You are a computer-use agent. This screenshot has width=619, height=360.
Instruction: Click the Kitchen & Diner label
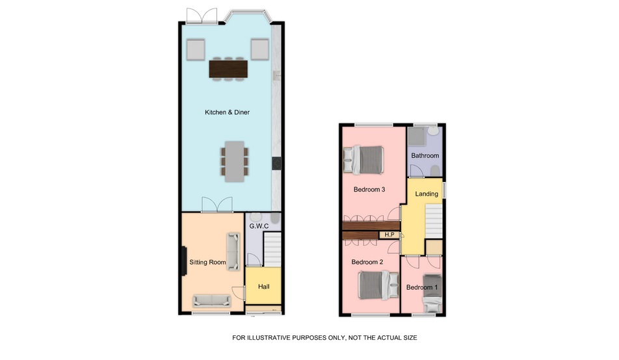tap(227, 112)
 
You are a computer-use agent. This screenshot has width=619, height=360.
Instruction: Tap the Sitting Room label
tap(207, 262)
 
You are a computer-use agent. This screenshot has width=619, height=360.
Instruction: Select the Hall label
tap(264, 287)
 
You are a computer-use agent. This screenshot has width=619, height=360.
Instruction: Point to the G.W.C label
tap(259, 226)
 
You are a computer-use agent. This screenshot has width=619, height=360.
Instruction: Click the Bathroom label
tap(425, 155)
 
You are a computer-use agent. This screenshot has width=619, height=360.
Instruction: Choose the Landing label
tap(427, 194)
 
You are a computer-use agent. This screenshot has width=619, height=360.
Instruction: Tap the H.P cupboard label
tap(389, 235)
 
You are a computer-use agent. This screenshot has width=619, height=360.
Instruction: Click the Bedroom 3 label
tap(369, 190)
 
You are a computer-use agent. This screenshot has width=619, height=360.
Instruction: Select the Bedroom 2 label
tap(367, 262)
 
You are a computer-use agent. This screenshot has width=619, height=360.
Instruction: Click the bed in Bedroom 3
tap(363, 160)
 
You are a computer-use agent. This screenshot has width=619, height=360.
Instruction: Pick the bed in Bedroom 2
tap(379, 285)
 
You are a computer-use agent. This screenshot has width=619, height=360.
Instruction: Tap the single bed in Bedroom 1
tap(432, 293)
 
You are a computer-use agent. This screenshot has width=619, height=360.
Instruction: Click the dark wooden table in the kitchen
tap(228, 69)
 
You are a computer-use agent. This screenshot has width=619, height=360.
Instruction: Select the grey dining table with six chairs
tap(235, 161)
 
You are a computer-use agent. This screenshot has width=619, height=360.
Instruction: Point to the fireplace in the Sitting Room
tap(183, 261)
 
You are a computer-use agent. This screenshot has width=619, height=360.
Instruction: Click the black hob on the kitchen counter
tap(277, 163)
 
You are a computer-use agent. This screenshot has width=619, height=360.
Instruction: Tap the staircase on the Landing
tap(434, 221)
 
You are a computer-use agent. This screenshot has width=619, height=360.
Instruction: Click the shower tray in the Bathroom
tap(417, 136)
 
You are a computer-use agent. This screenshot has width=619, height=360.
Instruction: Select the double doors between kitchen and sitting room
tap(217, 205)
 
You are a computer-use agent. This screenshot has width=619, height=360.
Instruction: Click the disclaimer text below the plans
tap(324, 338)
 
